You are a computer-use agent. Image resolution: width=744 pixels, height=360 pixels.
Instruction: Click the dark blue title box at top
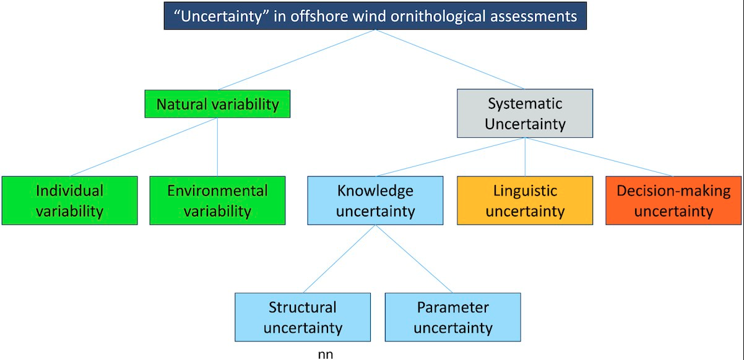pos(375,16)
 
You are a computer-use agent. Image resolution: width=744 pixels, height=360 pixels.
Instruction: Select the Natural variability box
pos(217,104)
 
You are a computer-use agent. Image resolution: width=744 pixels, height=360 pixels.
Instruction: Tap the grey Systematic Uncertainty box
pos(525,113)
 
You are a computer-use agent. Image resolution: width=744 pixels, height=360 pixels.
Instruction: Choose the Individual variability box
pos(69,200)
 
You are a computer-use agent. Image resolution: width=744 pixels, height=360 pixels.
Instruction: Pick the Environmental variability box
pos(217,200)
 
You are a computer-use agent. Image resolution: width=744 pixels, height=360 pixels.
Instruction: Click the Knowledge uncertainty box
pos(375,200)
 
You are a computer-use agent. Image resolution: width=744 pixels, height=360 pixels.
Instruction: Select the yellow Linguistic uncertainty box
pos(525,200)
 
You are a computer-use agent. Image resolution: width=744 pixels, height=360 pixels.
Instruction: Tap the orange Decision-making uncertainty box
pos(673,200)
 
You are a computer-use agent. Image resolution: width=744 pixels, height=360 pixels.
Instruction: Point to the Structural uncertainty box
pos(303,317)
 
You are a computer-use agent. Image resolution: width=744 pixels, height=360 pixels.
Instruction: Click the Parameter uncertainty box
pos(452,317)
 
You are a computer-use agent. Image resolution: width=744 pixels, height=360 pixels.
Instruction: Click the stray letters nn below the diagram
pos(325,354)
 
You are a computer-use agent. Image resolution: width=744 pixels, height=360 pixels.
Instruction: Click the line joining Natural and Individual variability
pos(144,147)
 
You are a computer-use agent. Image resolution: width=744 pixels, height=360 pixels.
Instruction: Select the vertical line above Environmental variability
pos(217,147)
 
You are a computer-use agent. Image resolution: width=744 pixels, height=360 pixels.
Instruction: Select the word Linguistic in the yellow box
pos(525,191)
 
